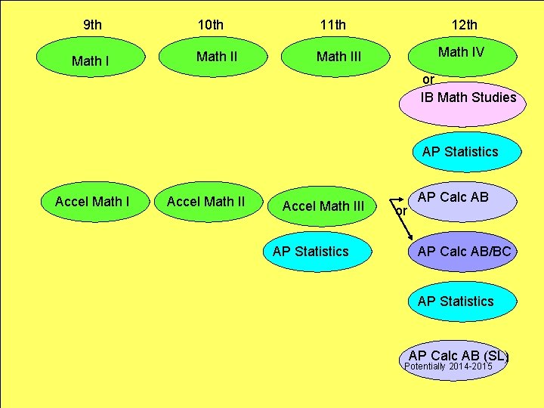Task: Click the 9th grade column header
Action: [92, 25]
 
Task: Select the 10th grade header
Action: [211, 25]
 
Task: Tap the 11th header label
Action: [333, 25]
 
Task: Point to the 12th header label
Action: [464, 25]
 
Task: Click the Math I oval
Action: [90, 60]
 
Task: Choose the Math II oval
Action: [216, 57]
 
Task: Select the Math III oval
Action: [338, 57]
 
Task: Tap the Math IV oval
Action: [461, 52]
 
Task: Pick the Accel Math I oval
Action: [92, 202]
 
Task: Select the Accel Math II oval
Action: [206, 202]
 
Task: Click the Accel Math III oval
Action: [323, 206]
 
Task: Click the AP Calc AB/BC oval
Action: [464, 252]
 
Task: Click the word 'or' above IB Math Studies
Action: [428, 79]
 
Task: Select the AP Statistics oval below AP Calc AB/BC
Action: [456, 301]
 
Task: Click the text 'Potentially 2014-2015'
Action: [449, 366]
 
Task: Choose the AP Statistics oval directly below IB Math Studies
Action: [460, 152]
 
